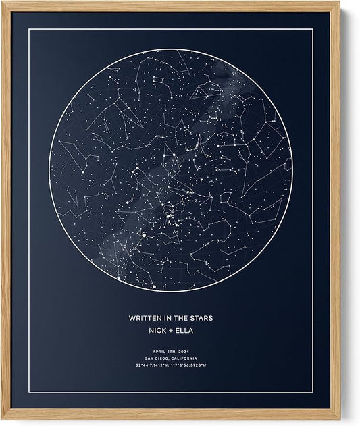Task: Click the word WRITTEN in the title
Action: [x=144, y=318]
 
